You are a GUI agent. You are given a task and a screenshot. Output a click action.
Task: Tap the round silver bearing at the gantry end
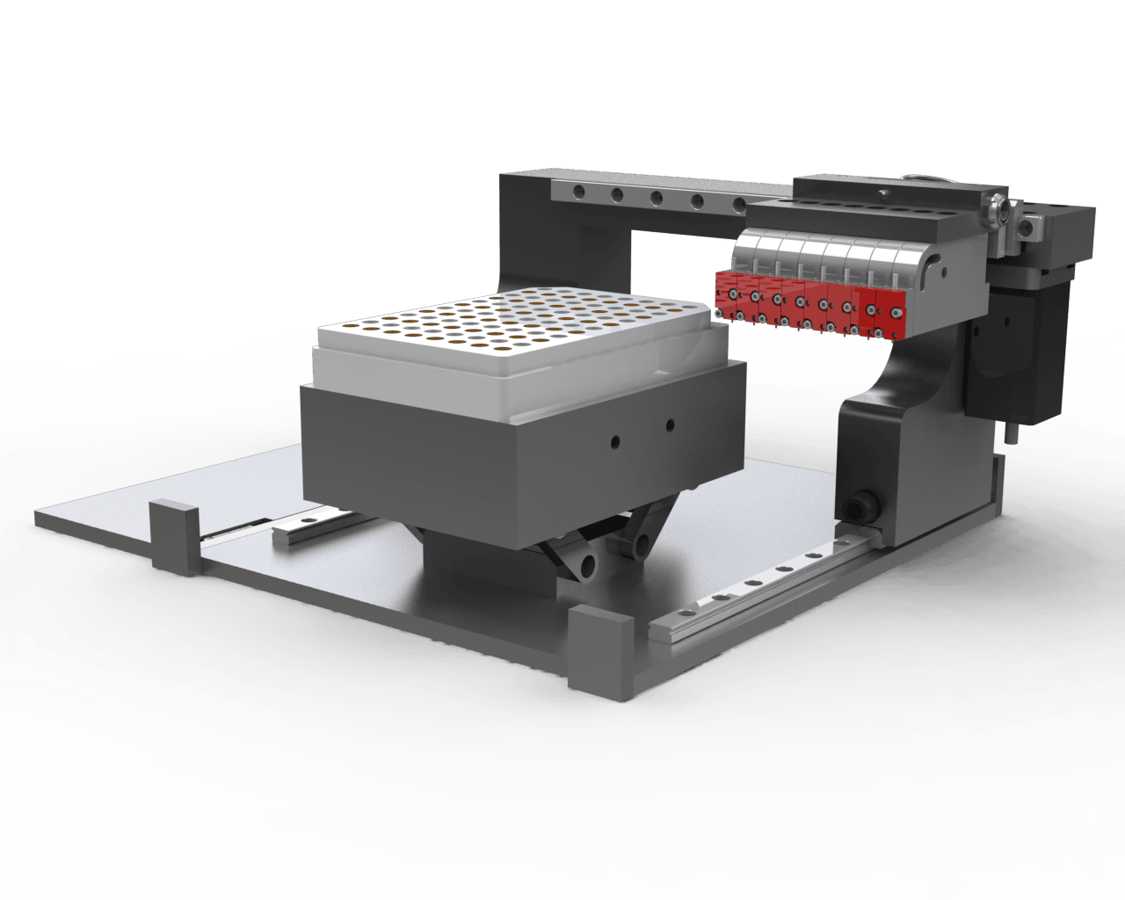[x=998, y=211]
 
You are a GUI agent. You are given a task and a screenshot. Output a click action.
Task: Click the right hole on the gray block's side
[x=670, y=425]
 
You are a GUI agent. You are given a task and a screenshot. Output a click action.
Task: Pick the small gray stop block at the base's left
[x=174, y=536]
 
